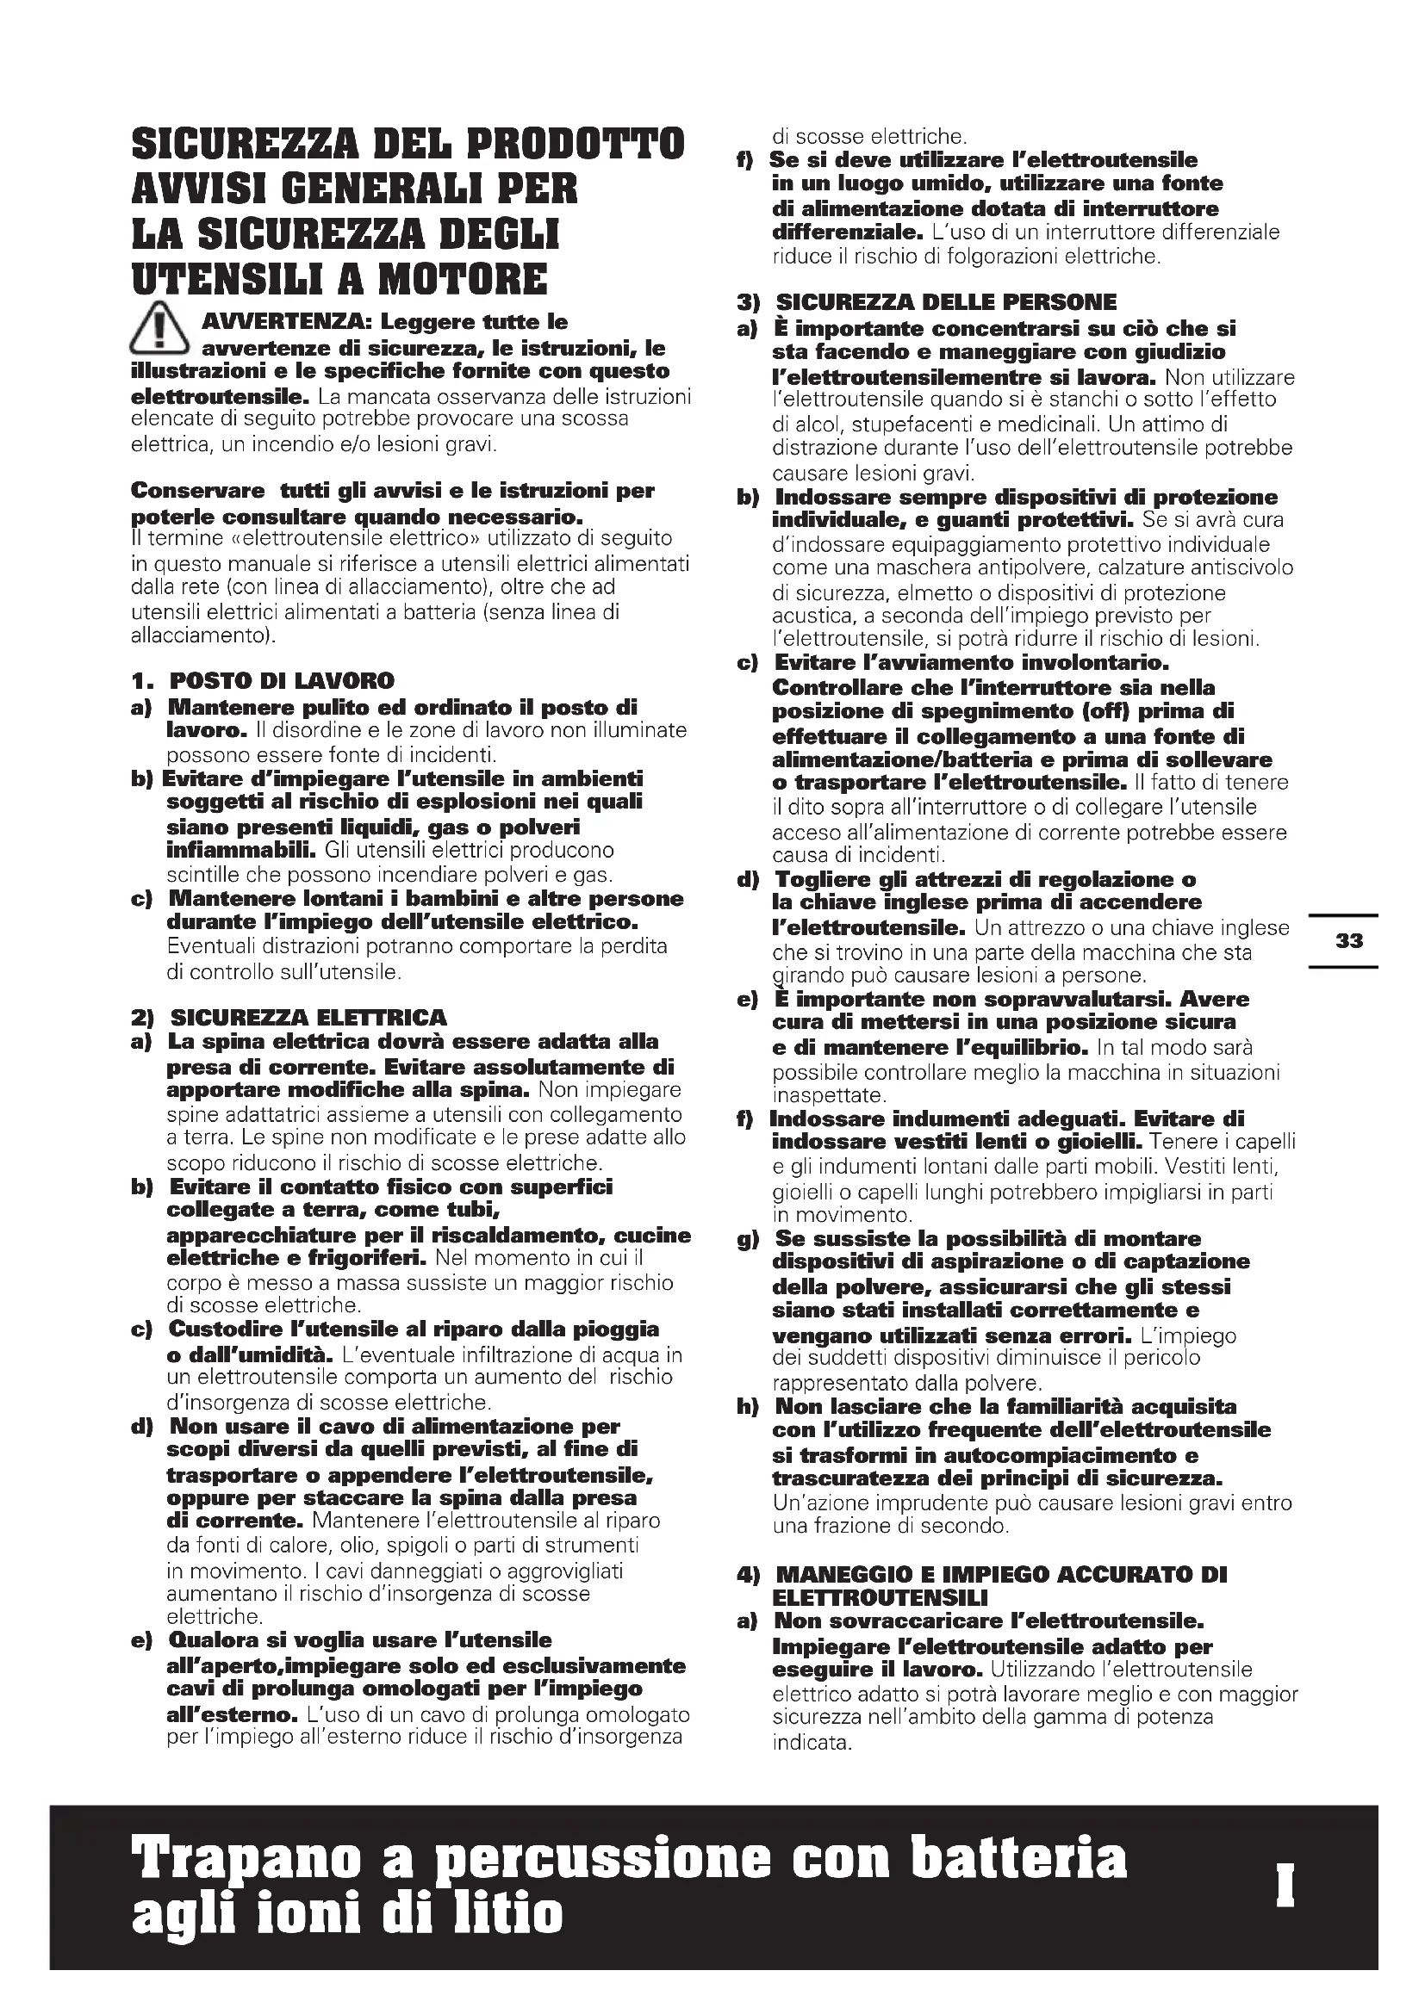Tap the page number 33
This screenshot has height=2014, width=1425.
[1348, 941]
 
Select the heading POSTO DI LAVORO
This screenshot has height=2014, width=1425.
[282, 681]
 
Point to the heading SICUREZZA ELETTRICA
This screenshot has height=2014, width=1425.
[308, 1018]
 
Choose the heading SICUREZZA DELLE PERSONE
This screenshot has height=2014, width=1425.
[947, 302]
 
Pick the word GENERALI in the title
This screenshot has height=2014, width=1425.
[365, 189]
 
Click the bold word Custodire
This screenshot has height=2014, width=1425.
[221, 1329]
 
